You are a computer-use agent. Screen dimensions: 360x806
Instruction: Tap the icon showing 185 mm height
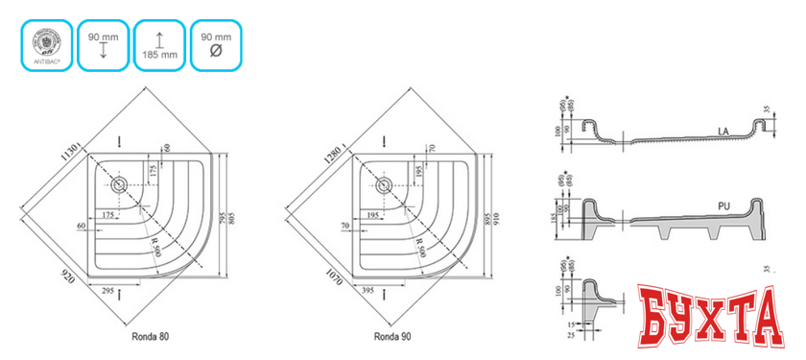click(159, 44)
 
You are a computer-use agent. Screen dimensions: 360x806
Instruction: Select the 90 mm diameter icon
click(215, 44)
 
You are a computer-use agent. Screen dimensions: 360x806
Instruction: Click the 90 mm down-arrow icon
click(103, 44)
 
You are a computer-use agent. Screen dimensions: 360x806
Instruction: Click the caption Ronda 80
click(153, 338)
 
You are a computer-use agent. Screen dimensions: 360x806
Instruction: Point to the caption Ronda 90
click(395, 338)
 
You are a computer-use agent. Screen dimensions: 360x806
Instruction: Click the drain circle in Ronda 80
click(120, 183)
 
